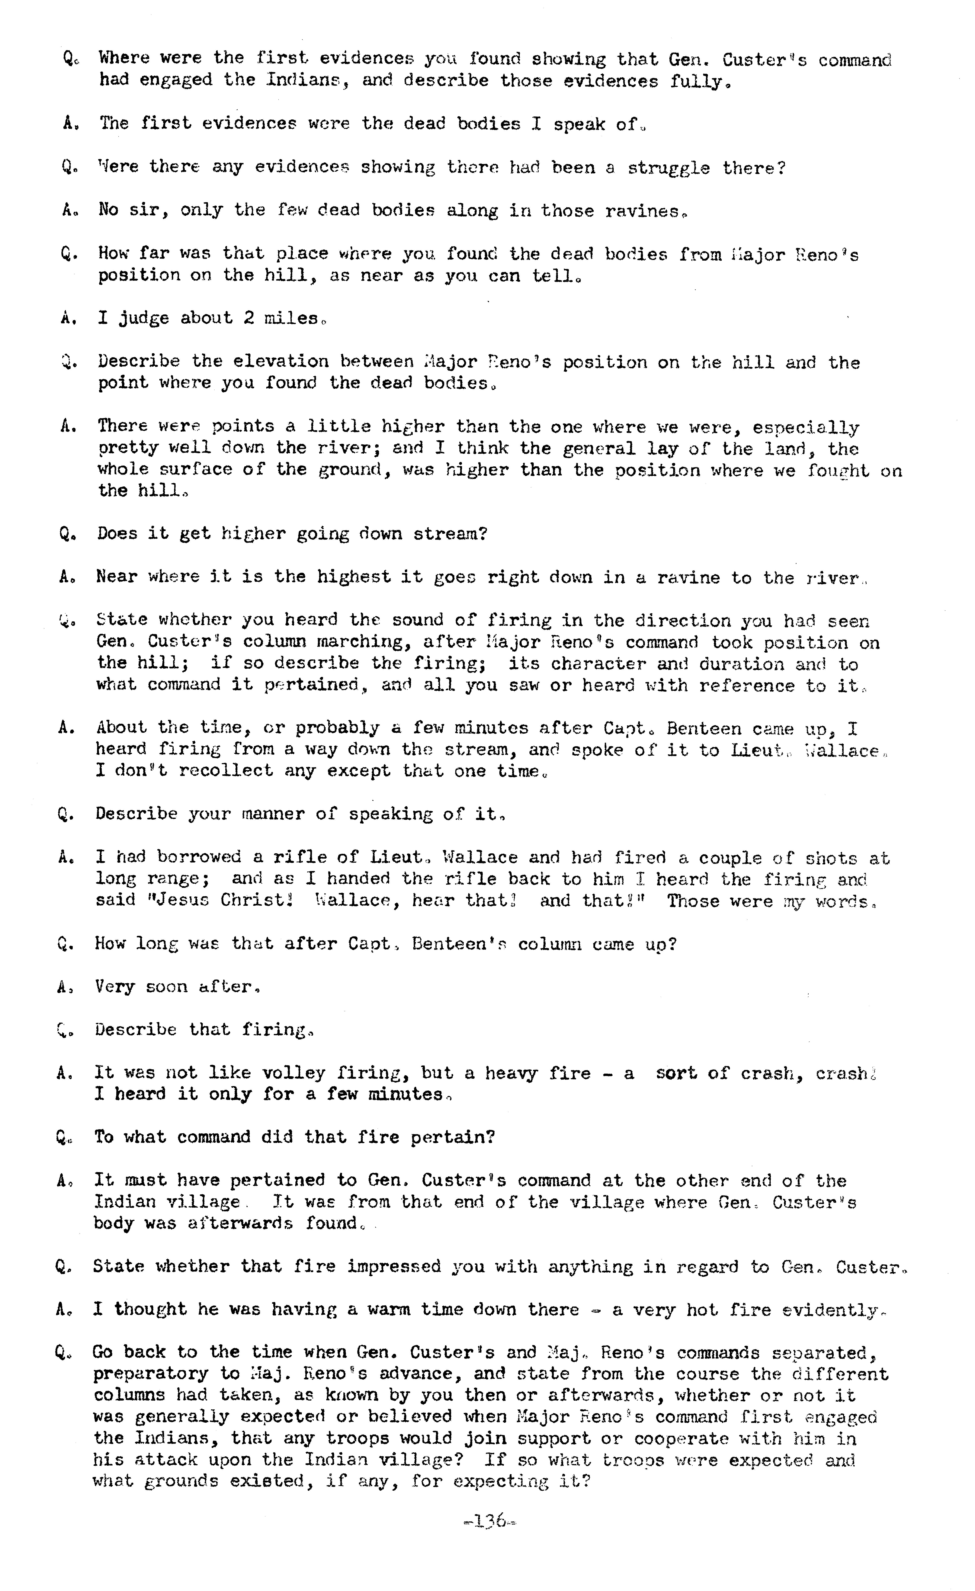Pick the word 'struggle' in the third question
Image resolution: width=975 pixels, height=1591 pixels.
tap(668, 168)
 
